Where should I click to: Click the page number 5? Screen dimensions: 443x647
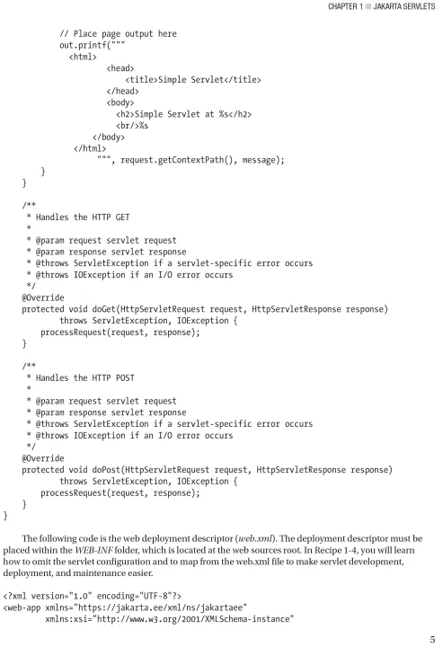tap(432, 640)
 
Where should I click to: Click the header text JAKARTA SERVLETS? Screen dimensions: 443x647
tap(403, 6)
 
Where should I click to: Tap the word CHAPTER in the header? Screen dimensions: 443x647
tap(342, 6)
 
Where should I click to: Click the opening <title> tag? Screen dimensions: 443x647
tap(141, 80)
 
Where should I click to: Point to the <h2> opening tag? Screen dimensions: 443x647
tap(125, 114)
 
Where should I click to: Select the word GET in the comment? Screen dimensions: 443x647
tap(122, 217)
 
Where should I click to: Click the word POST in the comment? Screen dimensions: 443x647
tap(125, 378)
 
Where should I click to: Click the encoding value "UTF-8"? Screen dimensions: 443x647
tap(155, 597)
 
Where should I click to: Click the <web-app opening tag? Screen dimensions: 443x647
tap(22, 607)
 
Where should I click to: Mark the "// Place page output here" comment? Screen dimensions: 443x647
tap(118, 34)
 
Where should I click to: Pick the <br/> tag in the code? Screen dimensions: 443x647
tap(128, 126)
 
